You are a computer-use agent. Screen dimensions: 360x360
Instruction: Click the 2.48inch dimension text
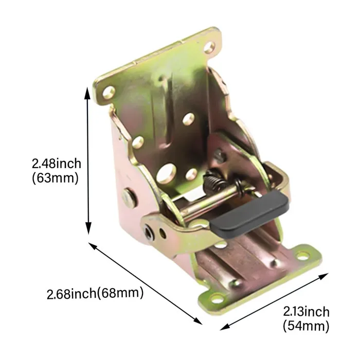coord(57,164)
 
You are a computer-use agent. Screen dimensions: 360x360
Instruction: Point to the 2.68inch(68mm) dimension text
coord(95,294)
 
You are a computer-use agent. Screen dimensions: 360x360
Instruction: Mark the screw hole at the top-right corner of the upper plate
coord(210,48)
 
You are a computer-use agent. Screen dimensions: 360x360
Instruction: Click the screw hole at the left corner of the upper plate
coord(109,93)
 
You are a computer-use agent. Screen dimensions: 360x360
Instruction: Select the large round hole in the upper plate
coord(168,172)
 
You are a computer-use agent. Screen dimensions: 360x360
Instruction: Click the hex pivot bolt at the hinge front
coord(149,232)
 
